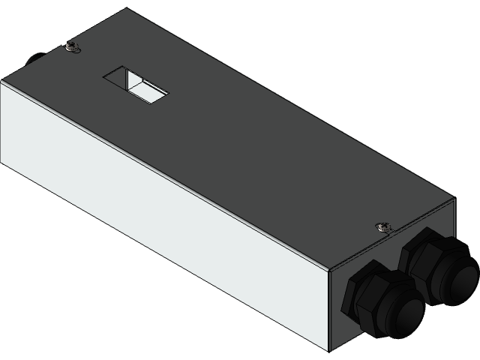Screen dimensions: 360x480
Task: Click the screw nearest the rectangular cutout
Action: (71, 48)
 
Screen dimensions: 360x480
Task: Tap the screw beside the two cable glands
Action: (383, 226)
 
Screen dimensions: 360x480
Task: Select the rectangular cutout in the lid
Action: (136, 83)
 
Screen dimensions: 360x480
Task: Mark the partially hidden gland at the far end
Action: (31, 58)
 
